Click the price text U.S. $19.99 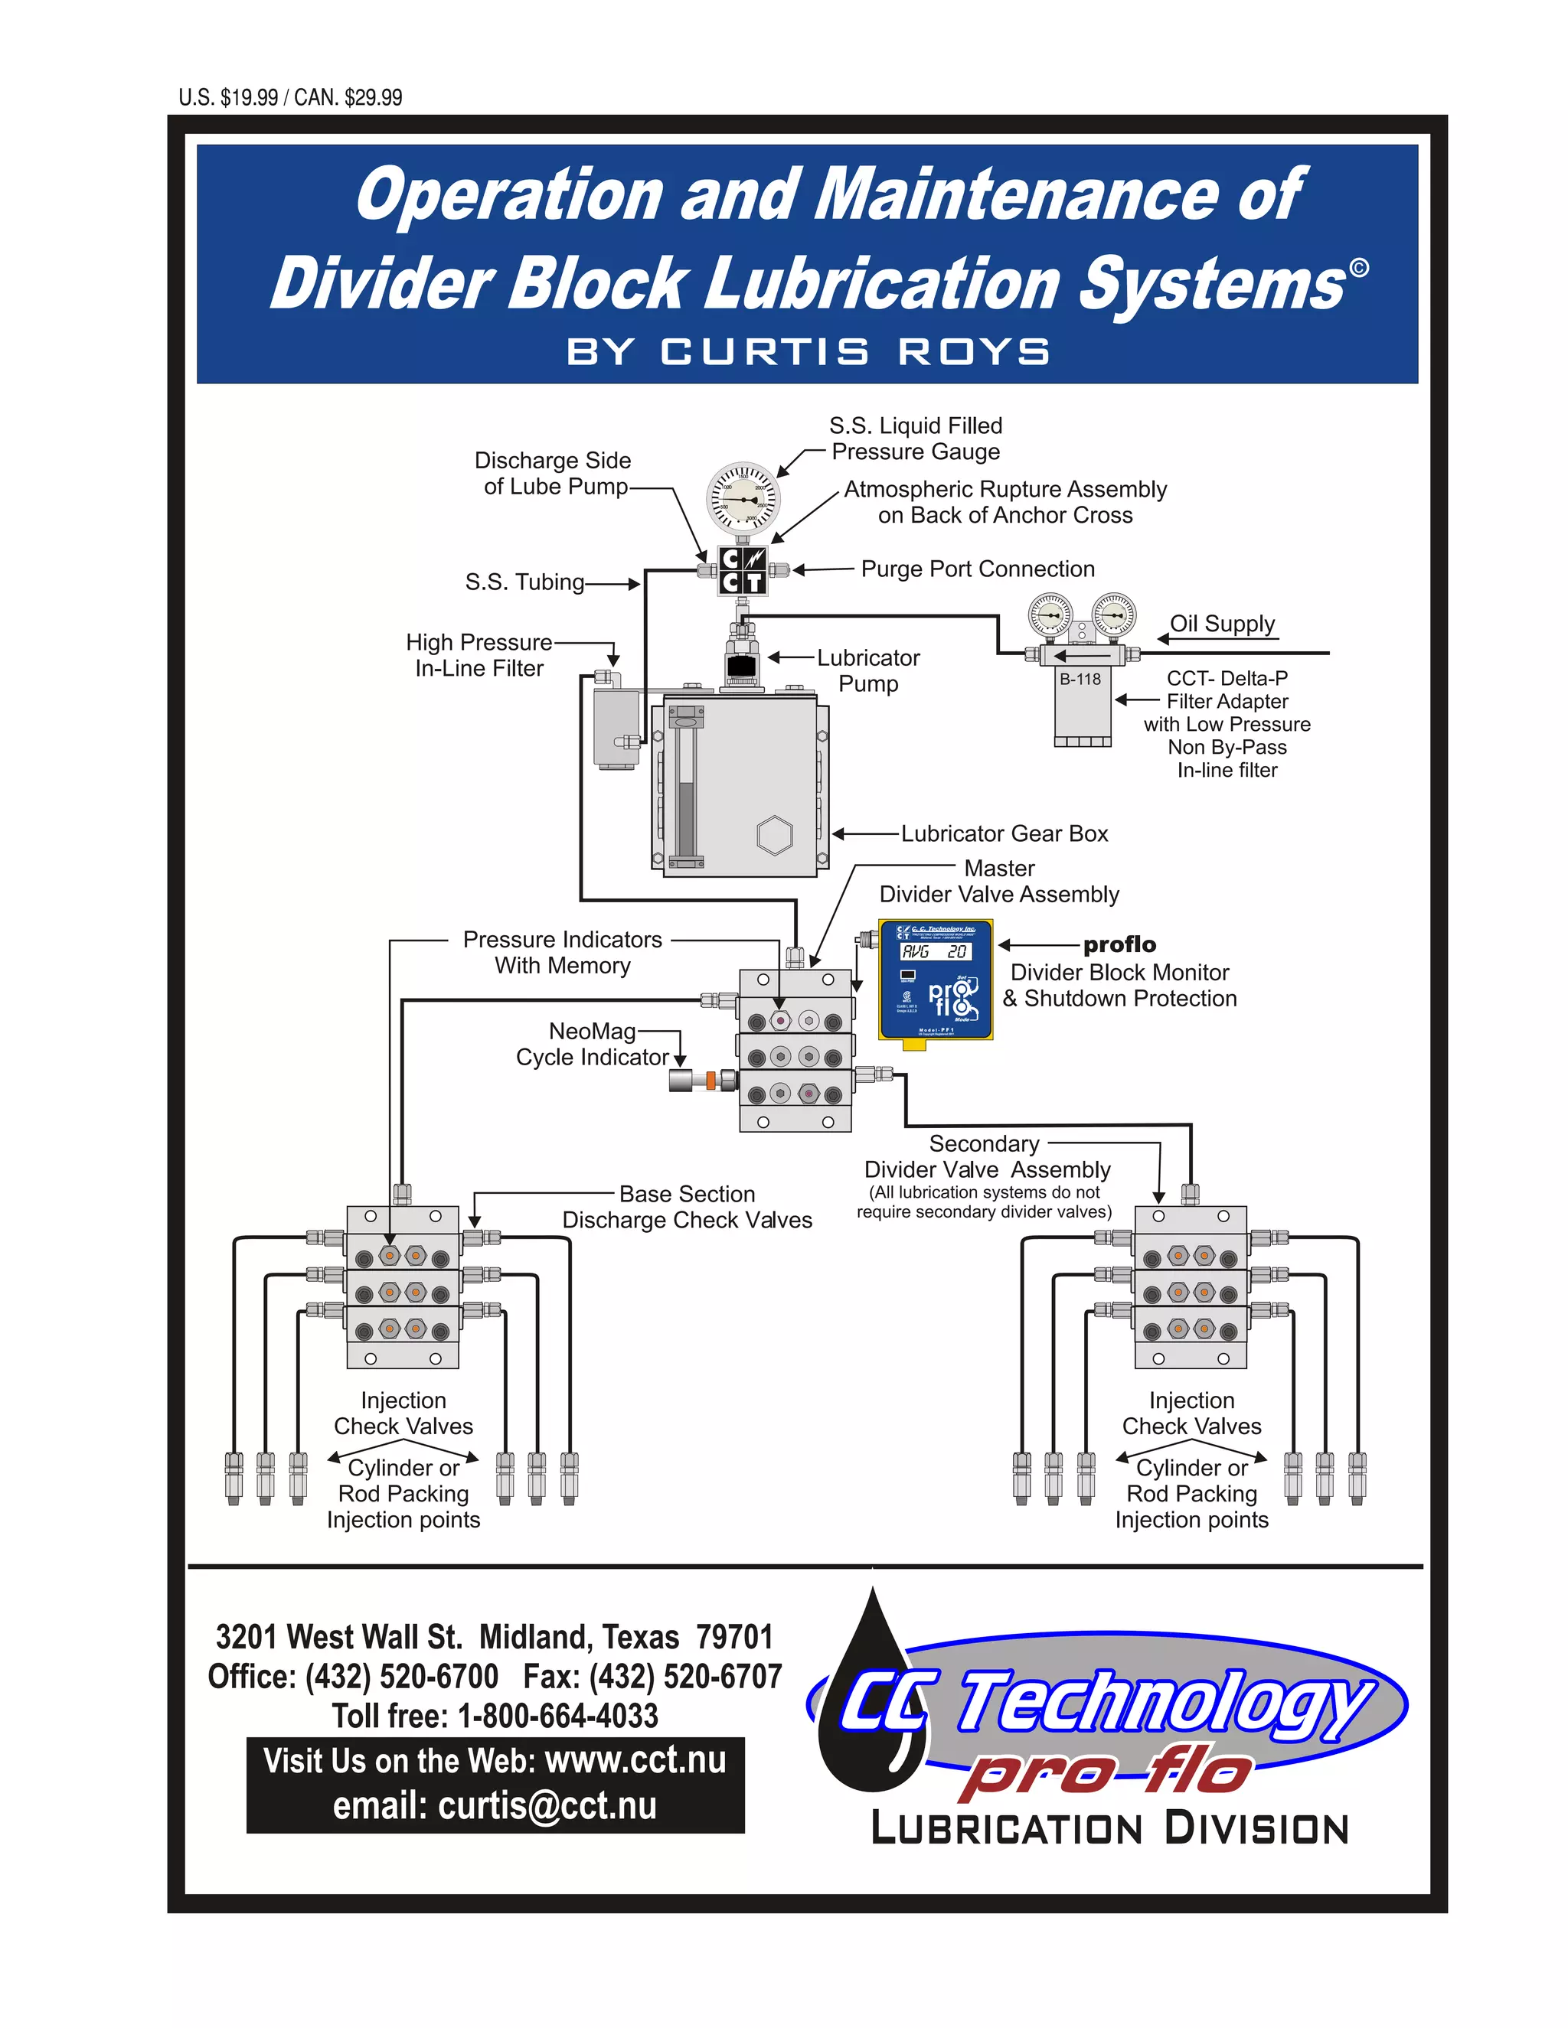(x=228, y=97)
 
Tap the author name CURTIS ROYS (x=854, y=352)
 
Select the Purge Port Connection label (x=977, y=569)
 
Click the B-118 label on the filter (x=1080, y=680)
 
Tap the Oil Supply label (x=1221, y=623)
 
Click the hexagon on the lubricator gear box (x=774, y=835)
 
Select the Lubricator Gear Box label (x=1004, y=833)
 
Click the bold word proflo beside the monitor (x=1119, y=944)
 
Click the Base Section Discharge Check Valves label (x=687, y=1206)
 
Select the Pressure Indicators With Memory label (x=562, y=952)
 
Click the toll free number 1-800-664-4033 (x=557, y=1716)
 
